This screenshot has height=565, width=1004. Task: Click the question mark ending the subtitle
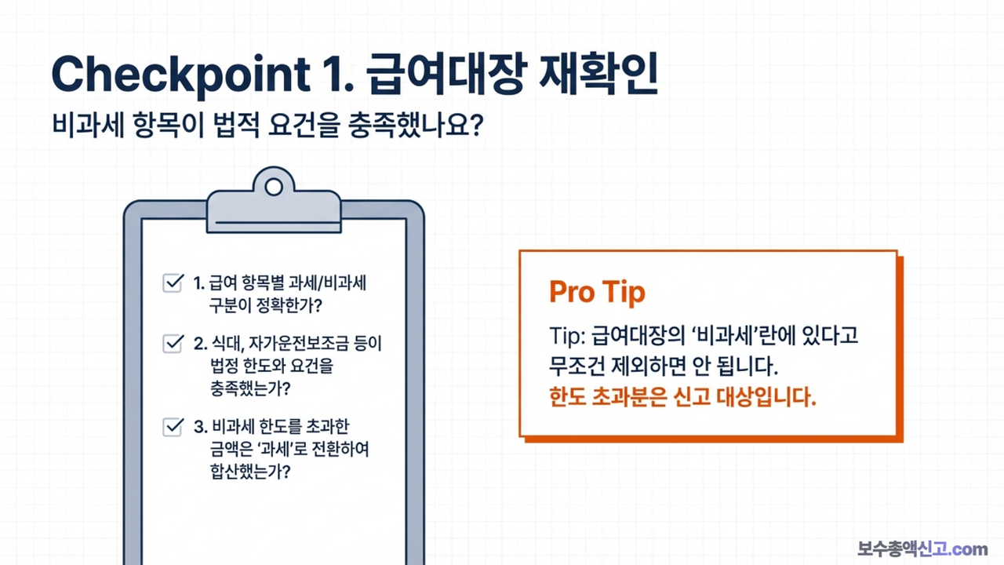tap(473, 126)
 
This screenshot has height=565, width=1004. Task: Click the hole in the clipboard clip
tap(274, 187)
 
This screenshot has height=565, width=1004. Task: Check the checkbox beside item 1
tap(172, 283)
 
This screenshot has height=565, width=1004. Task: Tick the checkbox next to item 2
tap(172, 344)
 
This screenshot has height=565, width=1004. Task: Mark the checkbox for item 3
tap(172, 428)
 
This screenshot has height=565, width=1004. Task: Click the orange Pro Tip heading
tap(597, 292)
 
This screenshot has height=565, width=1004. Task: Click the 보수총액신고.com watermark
tap(922, 549)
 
